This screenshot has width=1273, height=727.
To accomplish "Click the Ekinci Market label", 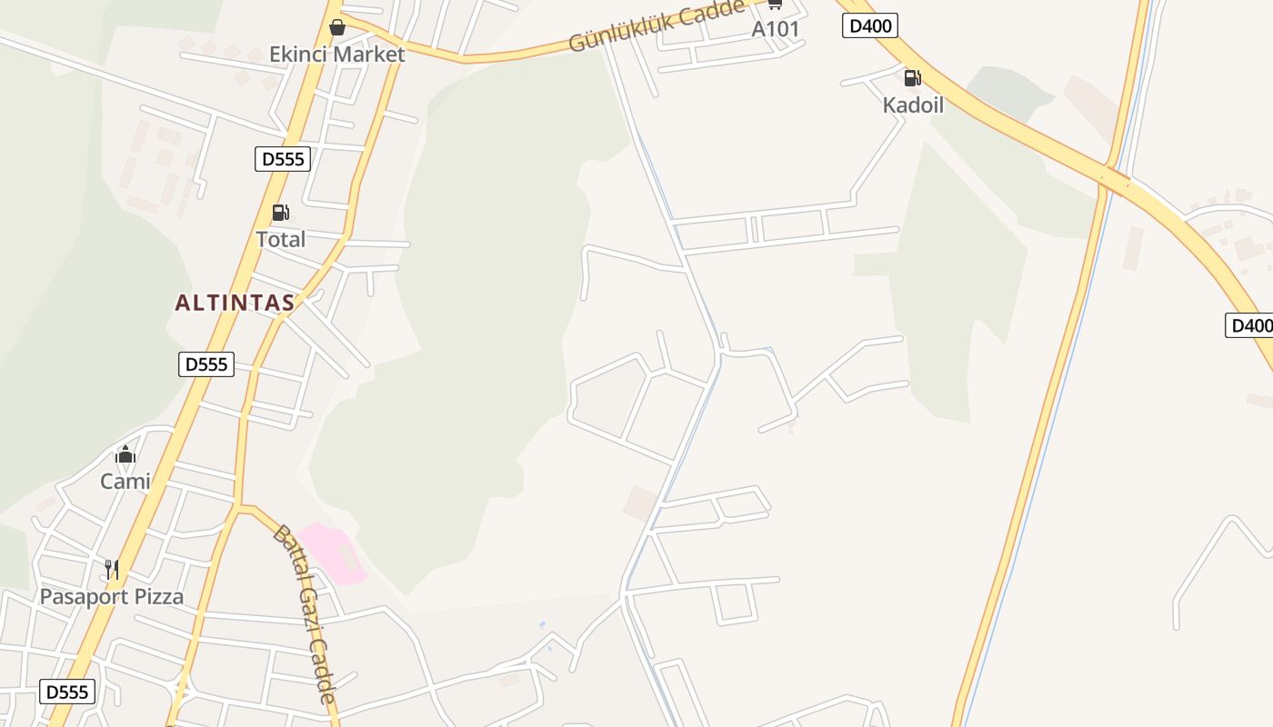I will [336, 55].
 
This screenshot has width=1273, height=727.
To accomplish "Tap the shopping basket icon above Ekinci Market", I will [337, 27].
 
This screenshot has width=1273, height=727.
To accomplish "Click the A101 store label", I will [775, 29].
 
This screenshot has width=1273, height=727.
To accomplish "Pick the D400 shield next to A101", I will [870, 25].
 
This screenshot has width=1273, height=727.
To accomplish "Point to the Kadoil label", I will [913, 105].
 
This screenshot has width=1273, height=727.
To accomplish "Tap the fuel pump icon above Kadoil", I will [912, 78].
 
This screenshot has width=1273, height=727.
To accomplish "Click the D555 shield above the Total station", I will [283, 160].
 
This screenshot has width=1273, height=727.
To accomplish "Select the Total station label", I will [280, 240].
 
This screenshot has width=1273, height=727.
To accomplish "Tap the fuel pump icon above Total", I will [280, 214].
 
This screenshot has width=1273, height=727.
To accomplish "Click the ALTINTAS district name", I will [235, 303].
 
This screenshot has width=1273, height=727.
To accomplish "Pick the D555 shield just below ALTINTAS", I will [206, 364].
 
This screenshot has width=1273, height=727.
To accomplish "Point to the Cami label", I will [125, 482].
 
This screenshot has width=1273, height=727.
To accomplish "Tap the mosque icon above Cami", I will [125, 455].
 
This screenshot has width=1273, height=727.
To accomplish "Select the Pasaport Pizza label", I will [111, 597].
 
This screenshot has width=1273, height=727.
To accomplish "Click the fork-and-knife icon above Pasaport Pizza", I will [111, 570].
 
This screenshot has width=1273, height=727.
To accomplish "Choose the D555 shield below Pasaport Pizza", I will [67, 692].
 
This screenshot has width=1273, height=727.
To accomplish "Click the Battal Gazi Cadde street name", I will [305, 613].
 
